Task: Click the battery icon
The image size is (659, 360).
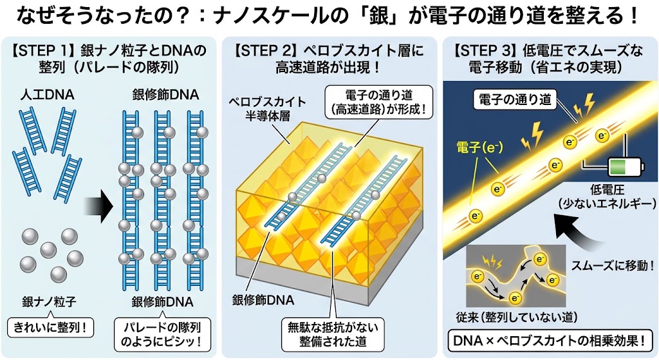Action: click(x=626, y=166)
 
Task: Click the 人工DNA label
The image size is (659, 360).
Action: click(x=47, y=95)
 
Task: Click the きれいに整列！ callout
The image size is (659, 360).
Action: click(x=50, y=327)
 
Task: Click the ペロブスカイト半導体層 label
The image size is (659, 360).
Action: click(x=268, y=108)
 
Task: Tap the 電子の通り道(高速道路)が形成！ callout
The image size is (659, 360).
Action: click(x=378, y=102)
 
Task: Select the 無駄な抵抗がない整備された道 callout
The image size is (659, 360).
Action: click(x=333, y=334)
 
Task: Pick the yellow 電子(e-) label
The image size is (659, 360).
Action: click(x=479, y=147)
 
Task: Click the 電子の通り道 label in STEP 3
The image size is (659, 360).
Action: click(x=515, y=99)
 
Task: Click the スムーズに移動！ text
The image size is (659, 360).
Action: click(x=612, y=265)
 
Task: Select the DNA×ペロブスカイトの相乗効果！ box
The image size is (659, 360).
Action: click(x=548, y=341)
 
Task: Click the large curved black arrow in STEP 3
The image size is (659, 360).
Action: click(x=582, y=236)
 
